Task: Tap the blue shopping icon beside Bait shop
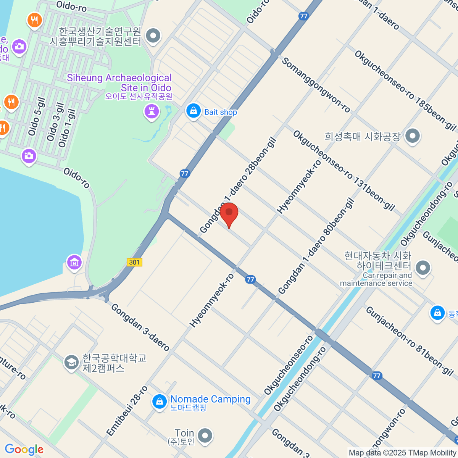click(194, 111)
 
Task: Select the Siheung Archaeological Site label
click(119, 83)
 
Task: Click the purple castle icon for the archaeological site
click(152, 112)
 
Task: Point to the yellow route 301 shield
click(134, 262)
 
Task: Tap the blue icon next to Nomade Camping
click(159, 402)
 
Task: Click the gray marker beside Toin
click(205, 435)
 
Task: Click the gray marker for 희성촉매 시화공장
click(412, 135)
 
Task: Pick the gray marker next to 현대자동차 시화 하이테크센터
click(423, 268)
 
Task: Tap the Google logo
click(24, 450)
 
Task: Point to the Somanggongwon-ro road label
click(316, 85)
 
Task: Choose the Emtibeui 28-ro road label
click(127, 411)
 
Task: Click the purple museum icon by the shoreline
click(74, 262)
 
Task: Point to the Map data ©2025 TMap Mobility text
click(403, 453)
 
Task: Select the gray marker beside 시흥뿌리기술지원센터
click(153, 36)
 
